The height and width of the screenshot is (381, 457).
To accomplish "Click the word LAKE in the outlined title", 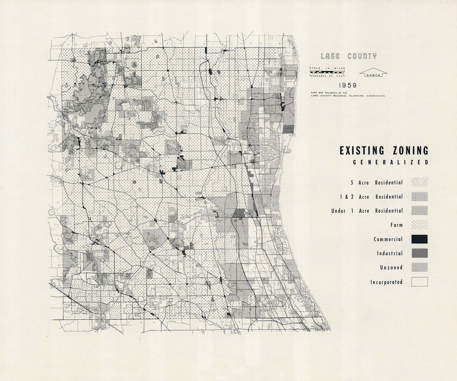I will tap(330, 56).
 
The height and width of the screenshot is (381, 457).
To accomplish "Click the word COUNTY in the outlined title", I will tap(362, 56).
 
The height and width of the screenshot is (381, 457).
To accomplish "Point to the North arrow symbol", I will tap(373, 73).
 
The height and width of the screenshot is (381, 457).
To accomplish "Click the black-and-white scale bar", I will tap(328, 72).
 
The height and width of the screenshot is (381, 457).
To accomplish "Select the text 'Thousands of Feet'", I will tap(327, 76).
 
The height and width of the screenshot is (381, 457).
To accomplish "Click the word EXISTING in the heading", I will tap(362, 151).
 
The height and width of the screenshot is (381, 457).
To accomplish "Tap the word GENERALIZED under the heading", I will tap(391, 163).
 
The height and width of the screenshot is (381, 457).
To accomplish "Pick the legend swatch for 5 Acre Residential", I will tap(419, 183).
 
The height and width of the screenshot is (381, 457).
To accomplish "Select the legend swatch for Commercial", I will tap(419, 239).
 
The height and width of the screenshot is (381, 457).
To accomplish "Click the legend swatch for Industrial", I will tap(419, 253).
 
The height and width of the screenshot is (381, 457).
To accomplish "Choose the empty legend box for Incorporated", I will tap(419, 282).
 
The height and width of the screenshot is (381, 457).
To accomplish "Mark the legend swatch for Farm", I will tap(419, 225).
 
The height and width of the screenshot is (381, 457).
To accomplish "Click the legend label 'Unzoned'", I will tap(391, 268).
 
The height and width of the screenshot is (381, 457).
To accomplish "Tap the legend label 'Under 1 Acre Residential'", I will tap(367, 211).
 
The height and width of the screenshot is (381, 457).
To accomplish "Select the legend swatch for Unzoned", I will tap(419, 267).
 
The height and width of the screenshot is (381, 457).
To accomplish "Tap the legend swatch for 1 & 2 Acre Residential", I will tap(419, 197).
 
